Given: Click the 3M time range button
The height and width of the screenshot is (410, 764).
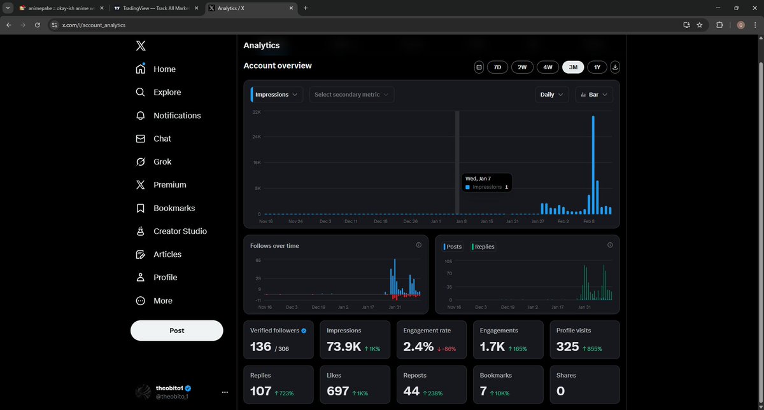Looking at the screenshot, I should pos(573,67).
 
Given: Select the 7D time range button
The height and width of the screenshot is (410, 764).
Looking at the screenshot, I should pos(497,67).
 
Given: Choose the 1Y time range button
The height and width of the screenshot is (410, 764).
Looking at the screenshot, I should pos(597,67).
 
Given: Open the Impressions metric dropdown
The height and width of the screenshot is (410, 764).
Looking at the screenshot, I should pos(276,95).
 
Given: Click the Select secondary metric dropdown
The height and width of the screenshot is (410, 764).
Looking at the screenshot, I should pos(351,95).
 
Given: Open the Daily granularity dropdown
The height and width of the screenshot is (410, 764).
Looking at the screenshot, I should pos(551,95).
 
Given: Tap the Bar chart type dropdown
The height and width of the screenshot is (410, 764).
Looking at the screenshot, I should pos(593,95).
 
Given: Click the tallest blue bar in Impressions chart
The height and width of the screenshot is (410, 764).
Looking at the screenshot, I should pos(593,165).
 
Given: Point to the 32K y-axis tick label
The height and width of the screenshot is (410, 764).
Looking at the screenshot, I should pos(257,112).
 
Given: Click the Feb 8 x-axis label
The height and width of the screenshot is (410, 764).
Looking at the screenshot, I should pos(588,221).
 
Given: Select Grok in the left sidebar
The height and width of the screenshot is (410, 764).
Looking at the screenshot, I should pos(162,161).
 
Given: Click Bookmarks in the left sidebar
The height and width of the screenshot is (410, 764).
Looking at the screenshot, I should pos(174,208).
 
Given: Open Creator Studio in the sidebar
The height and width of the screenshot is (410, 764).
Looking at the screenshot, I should pos(180,231).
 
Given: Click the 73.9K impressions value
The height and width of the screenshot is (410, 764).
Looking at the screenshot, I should pos(344,346).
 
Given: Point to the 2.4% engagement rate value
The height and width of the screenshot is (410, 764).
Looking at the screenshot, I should pos(418,346).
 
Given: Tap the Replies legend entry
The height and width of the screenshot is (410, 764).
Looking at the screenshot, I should pos(484,247).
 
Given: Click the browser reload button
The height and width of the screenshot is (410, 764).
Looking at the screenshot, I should pos(38,25).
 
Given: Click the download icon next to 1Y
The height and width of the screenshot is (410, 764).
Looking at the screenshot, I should pos(615,67).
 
